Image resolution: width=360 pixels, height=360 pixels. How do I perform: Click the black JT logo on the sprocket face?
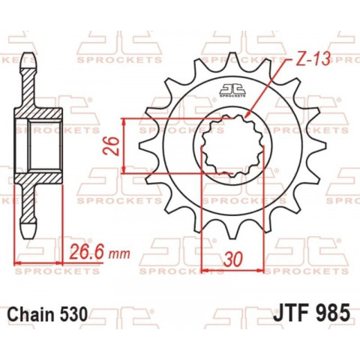tap(233, 92)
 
